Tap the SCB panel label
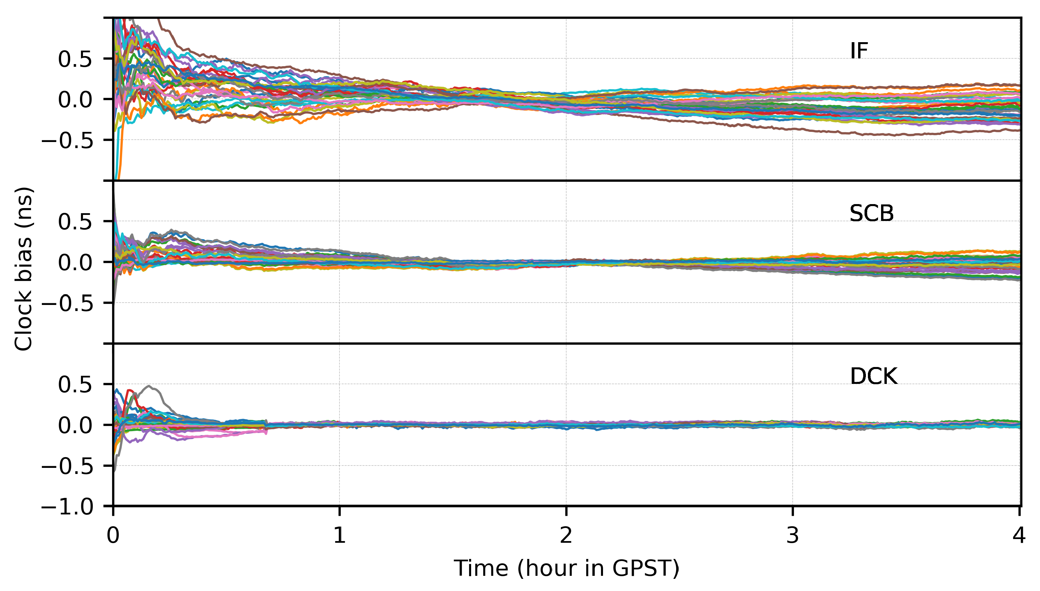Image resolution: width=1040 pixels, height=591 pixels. pyautogui.click(x=871, y=214)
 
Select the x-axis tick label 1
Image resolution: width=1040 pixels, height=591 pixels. pyautogui.click(x=339, y=535)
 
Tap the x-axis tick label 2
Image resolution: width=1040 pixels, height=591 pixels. pyautogui.click(x=566, y=535)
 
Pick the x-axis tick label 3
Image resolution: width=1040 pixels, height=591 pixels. pyautogui.click(x=792, y=535)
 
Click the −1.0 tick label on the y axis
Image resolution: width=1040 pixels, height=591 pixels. pyautogui.click(x=67, y=507)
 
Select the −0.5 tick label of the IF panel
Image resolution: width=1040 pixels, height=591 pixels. pyautogui.click(x=67, y=140)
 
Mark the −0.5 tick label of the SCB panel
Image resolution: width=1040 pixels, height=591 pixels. pyautogui.click(x=67, y=303)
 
